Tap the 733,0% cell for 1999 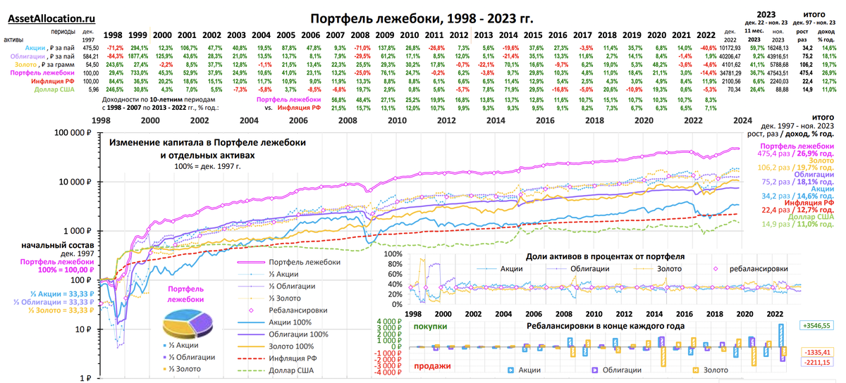pyautogui.click(x=138, y=73)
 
